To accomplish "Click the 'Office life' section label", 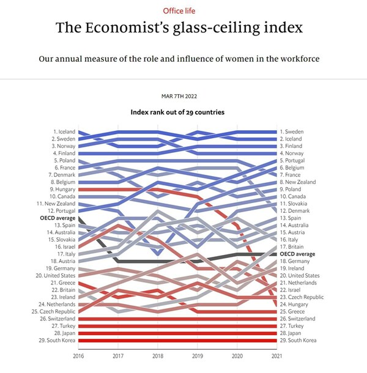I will click(x=183, y=11).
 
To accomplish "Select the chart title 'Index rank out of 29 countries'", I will click(x=177, y=112).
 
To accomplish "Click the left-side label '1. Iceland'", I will click(x=64, y=131).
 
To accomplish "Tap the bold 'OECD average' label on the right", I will click(x=297, y=254).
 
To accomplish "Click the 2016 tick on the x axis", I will click(x=78, y=355).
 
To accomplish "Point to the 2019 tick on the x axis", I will click(x=197, y=355).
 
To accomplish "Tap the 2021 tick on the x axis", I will click(x=276, y=355).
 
